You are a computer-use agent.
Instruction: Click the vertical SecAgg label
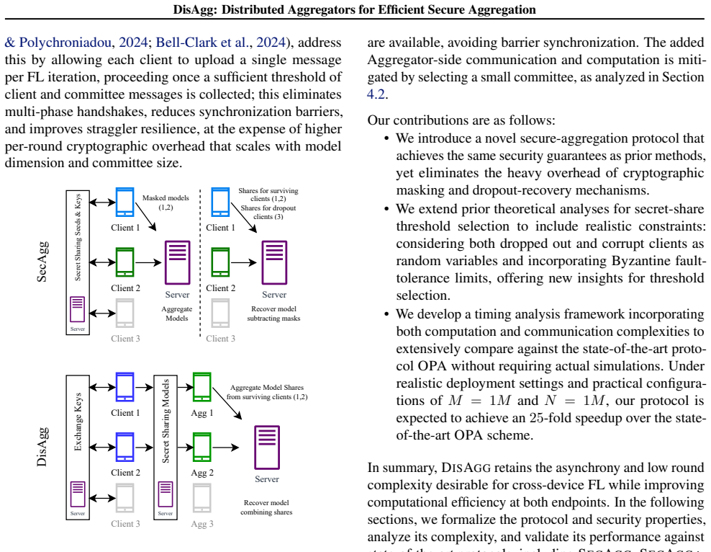point(42,262)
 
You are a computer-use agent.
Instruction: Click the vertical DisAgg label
point(42,447)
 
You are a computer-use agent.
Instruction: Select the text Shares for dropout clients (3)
point(268,213)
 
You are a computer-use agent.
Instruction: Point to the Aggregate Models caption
point(177,313)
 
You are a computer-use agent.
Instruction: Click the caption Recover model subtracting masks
point(273,313)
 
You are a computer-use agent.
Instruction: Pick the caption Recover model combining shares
point(266,507)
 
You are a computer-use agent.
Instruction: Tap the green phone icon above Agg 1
point(201,387)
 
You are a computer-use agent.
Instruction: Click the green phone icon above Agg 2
point(201,447)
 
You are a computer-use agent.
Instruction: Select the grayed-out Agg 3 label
point(201,524)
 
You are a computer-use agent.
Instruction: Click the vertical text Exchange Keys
point(78,422)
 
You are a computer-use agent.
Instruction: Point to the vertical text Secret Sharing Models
point(166,421)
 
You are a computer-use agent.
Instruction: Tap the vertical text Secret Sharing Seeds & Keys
point(78,237)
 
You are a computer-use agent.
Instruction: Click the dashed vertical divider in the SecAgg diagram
point(200,263)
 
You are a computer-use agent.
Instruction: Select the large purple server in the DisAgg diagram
point(266,447)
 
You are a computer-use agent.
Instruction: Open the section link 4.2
point(376,94)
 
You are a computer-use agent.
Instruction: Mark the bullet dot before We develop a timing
point(386,314)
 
